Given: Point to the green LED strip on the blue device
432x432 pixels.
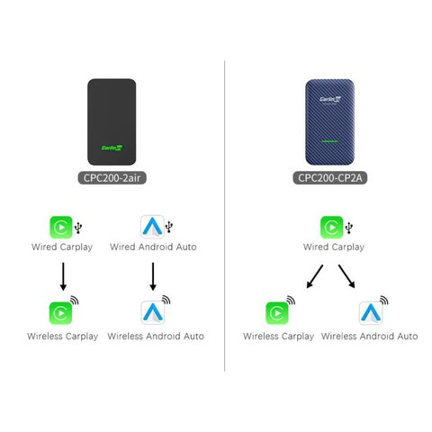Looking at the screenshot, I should point(328,139).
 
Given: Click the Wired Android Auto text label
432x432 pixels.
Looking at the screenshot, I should point(155,247).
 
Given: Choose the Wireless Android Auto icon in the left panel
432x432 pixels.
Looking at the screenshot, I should point(152,312).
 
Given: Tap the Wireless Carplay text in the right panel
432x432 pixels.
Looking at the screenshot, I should point(279,336).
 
